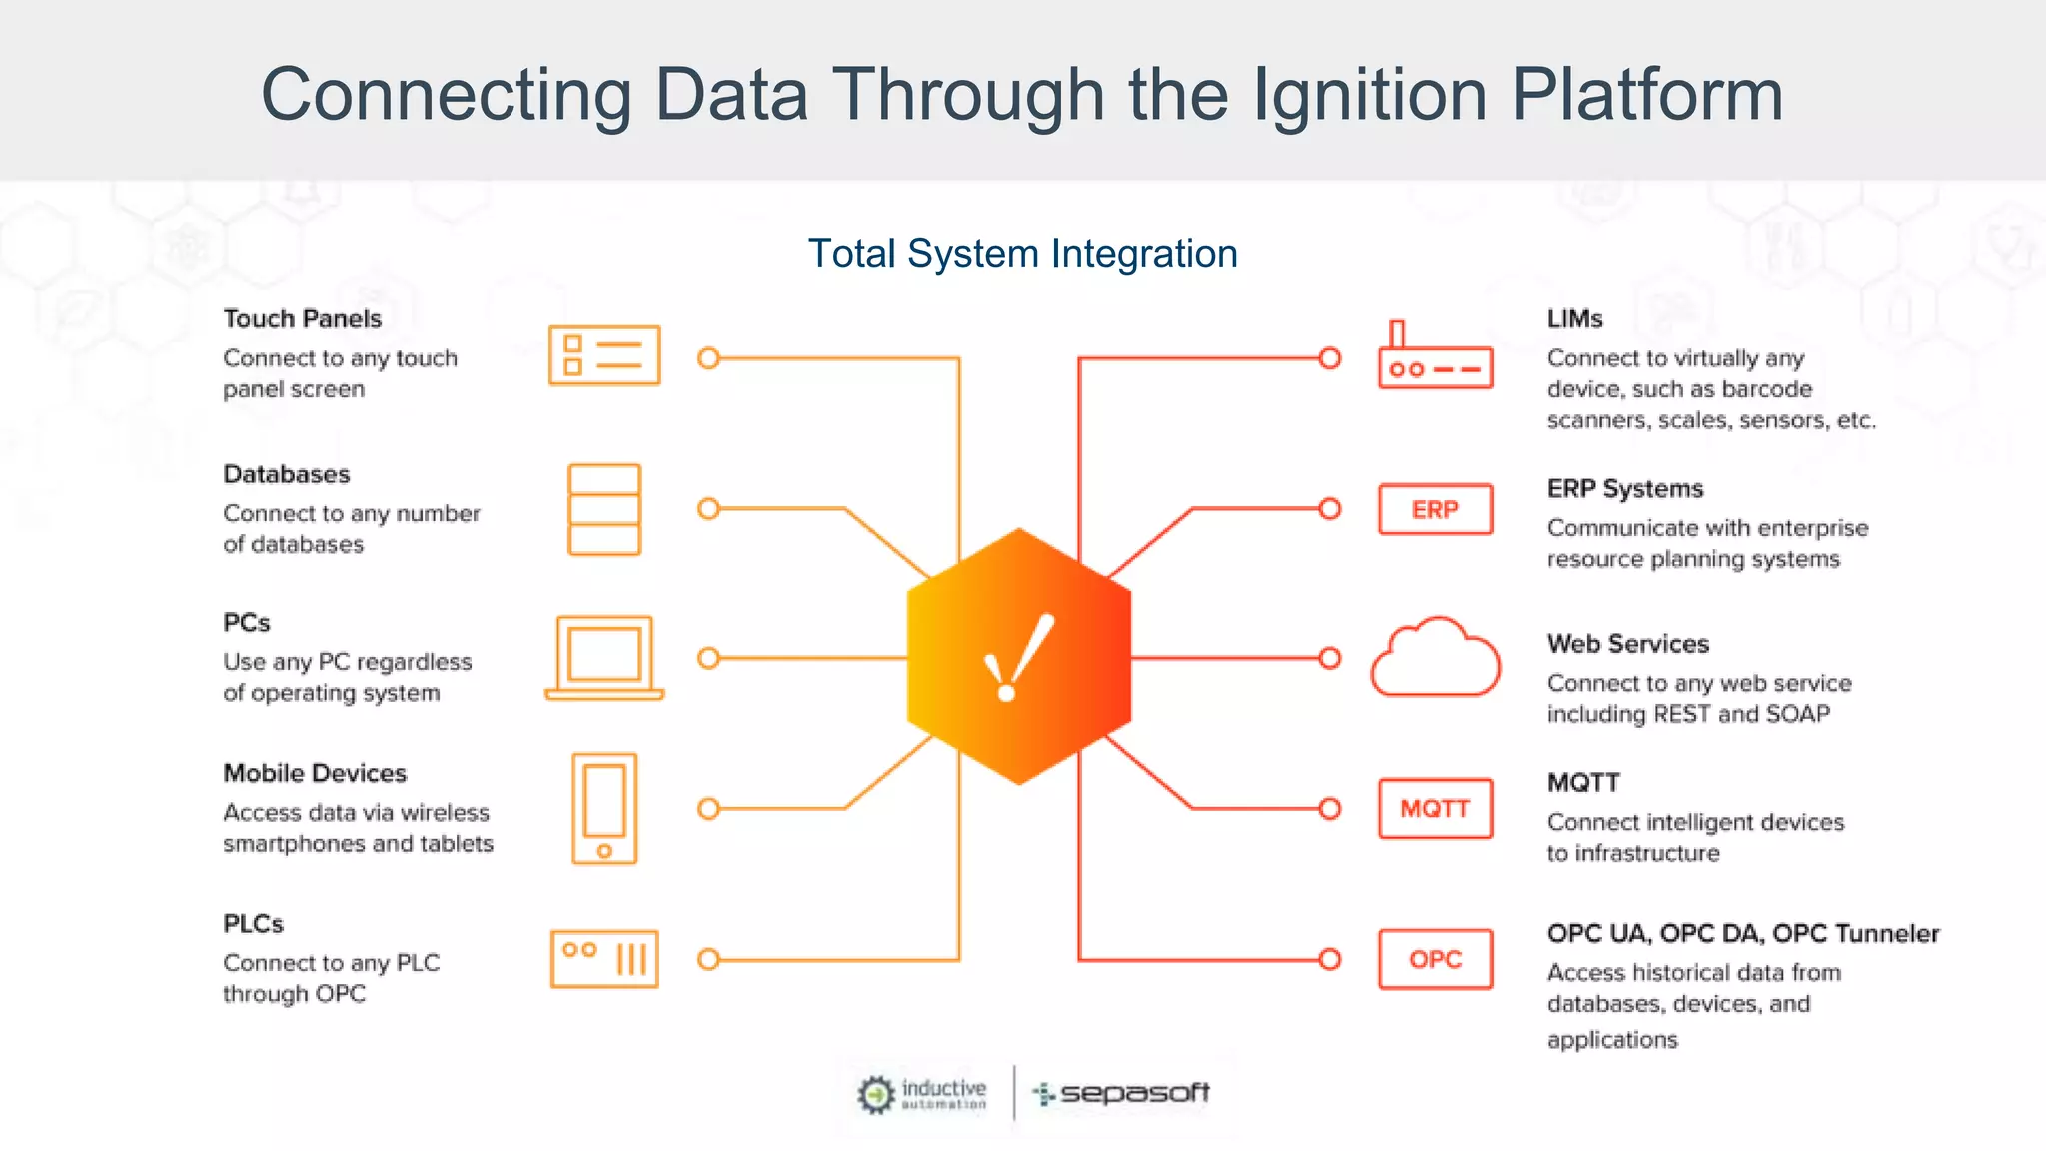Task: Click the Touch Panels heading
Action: [302, 319]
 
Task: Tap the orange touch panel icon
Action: [604, 355]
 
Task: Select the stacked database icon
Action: [604, 509]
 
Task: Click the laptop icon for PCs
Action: [604, 658]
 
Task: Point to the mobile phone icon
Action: [604, 808]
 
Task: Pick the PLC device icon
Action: [604, 959]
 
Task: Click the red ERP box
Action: [1435, 509]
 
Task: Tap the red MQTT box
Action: [1435, 808]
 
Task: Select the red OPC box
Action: [1435, 959]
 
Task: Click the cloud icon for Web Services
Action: [1435, 658]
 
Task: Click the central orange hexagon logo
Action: [1019, 656]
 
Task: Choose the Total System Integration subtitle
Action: [1022, 254]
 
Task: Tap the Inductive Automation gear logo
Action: [876, 1094]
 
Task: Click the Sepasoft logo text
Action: [1134, 1093]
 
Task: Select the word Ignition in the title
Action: [1369, 95]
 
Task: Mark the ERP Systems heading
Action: [1625, 489]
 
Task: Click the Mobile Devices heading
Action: [315, 773]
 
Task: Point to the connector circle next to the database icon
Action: [709, 509]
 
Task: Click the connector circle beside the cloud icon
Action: [1330, 658]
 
